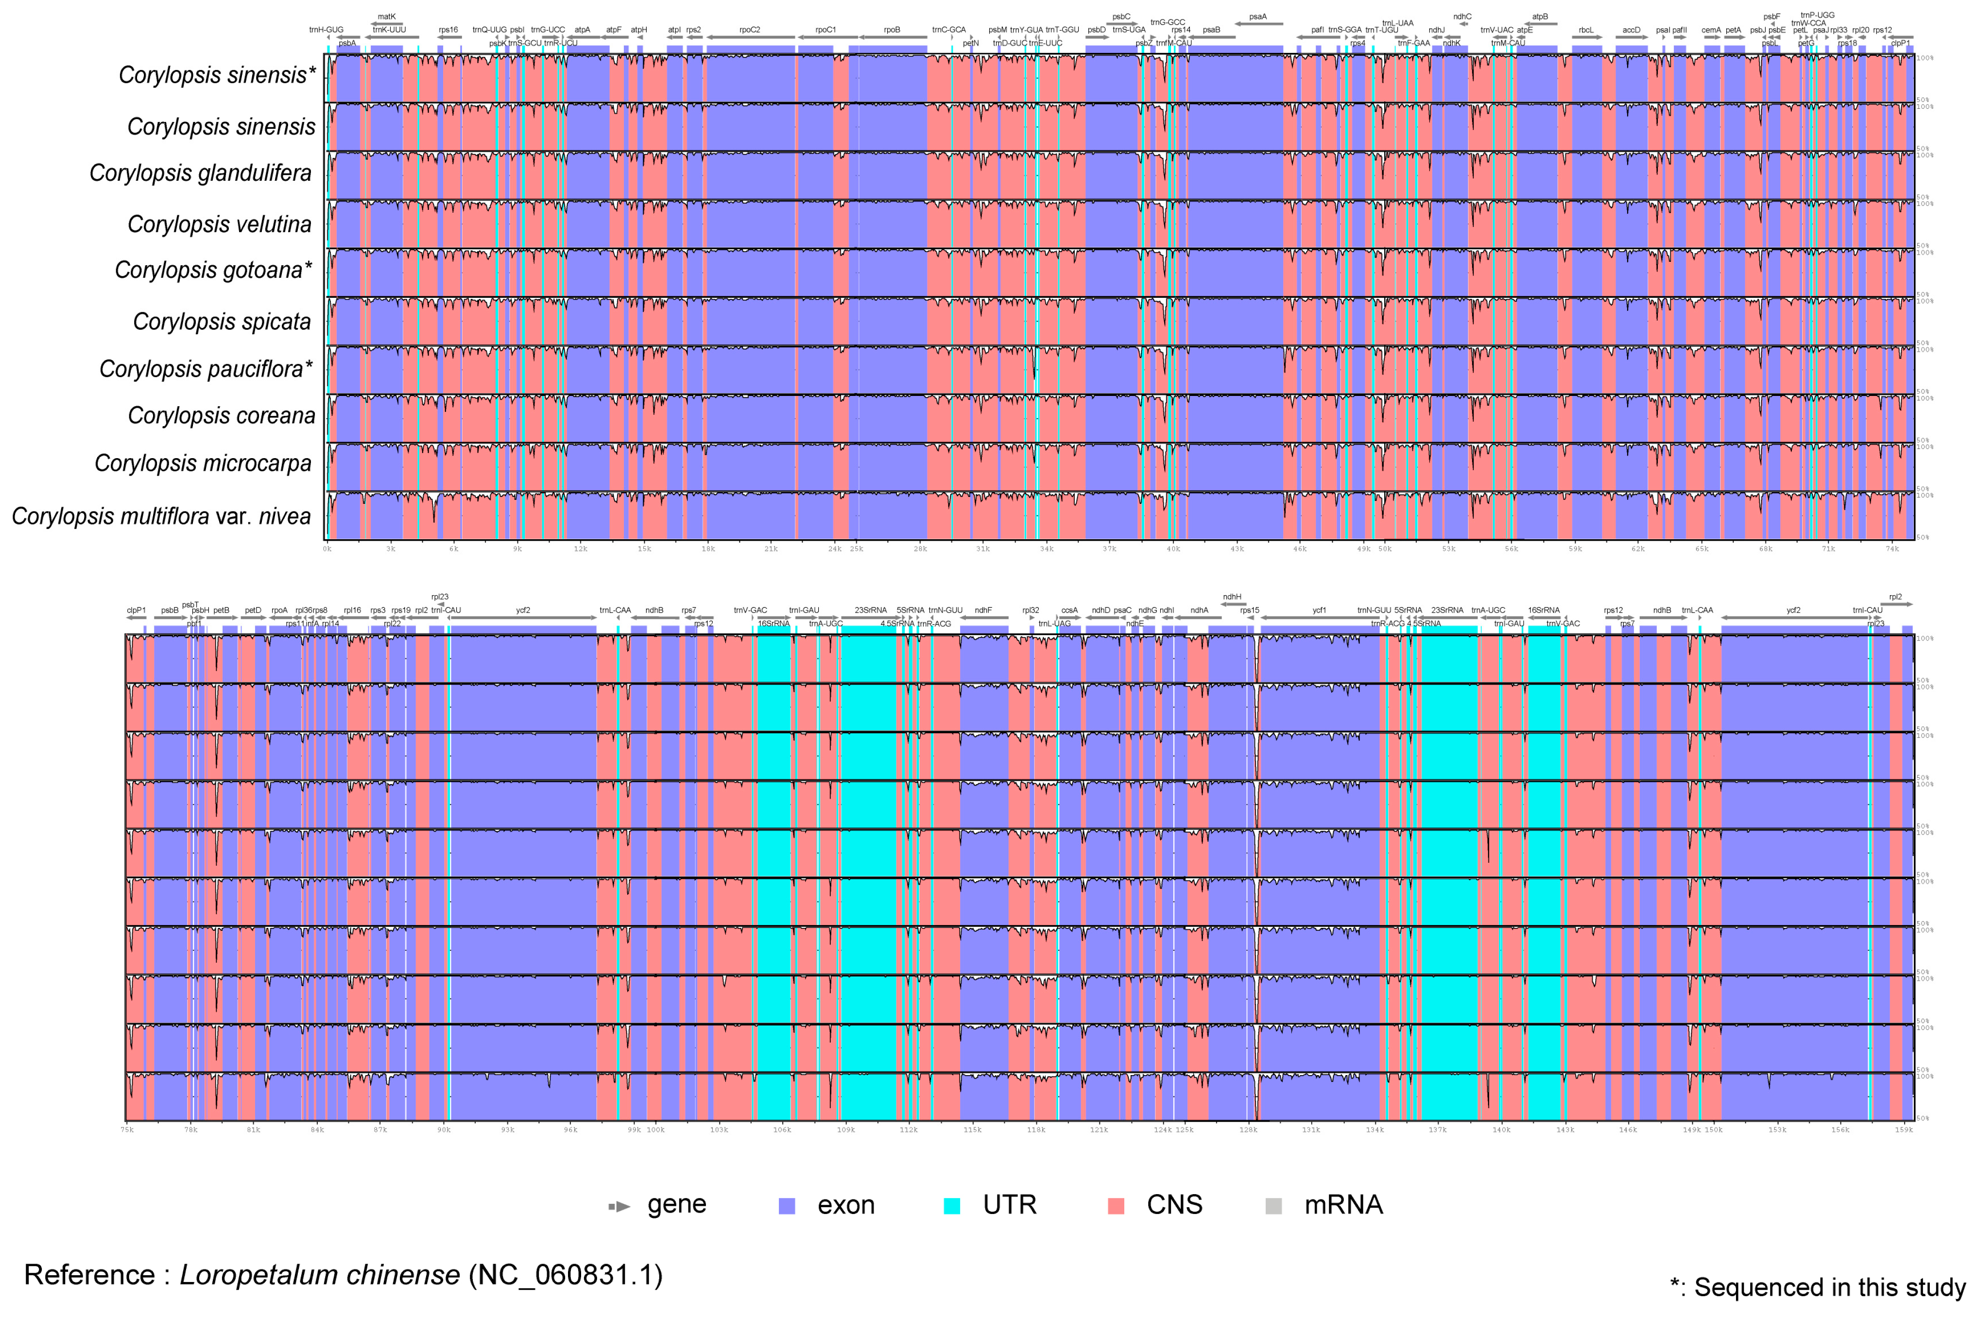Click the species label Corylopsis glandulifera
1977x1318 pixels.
[200, 173]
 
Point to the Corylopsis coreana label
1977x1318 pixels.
[221, 416]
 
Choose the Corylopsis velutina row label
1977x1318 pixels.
[220, 224]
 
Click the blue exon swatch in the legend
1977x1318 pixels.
[787, 1205]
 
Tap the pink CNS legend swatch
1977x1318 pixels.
[1116, 1205]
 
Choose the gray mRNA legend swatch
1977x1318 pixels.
[1273, 1205]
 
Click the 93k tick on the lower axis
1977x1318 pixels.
[508, 1130]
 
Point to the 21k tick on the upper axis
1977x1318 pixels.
[771, 549]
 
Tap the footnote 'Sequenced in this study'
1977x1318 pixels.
[1828, 1287]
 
